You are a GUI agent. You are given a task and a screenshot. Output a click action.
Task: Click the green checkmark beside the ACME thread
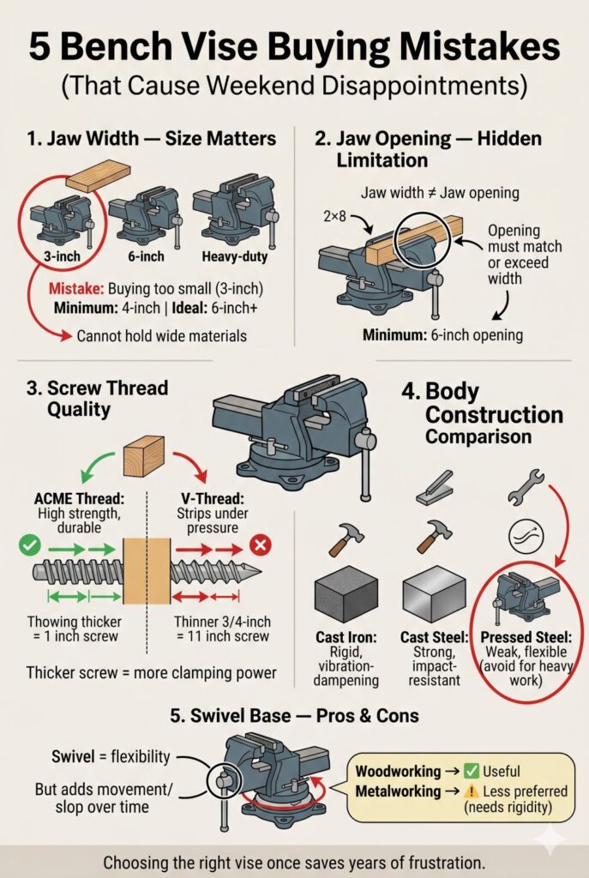(x=29, y=544)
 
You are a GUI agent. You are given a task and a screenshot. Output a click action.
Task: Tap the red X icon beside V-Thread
(x=261, y=544)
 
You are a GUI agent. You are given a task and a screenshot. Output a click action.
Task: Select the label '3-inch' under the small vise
(x=62, y=256)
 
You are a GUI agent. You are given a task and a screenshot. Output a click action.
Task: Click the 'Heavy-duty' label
(x=235, y=256)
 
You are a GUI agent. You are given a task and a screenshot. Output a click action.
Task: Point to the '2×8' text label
(x=335, y=215)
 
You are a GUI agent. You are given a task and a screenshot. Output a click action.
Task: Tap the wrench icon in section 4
(x=526, y=484)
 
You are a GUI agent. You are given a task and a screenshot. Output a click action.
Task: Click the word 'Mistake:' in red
(x=76, y=289)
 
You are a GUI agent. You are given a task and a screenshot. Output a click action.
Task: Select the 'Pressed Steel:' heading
(x=526, y=637)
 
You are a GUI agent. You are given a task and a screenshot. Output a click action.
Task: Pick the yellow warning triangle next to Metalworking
(x=472, y=791)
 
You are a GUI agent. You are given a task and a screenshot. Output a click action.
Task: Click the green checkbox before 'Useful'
(x=472, y=771)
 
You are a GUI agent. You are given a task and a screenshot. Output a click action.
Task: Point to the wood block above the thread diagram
(x=144, y=456)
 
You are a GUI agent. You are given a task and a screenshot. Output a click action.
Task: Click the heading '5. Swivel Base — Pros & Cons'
(x=295, y=716)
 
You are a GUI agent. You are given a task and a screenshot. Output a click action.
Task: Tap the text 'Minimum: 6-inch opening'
(x=443, y=335)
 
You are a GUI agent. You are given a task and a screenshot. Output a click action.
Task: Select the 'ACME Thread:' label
(x=80, y=498)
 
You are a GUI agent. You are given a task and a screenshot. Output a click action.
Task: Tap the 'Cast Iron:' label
(x=346, y=637)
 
